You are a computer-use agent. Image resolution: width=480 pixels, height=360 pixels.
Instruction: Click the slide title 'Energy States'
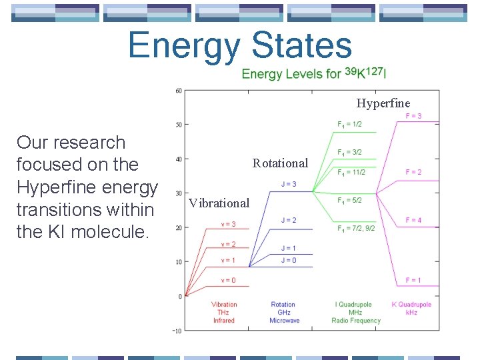point(239,45)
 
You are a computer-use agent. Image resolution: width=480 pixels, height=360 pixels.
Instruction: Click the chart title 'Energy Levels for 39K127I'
point(313,73)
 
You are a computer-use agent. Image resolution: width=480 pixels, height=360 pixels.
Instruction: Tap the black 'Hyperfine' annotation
point(383,103)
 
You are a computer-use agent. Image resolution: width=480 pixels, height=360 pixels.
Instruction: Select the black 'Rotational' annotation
point(280,163)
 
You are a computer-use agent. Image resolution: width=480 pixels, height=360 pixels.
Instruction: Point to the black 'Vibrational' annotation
point(219,203)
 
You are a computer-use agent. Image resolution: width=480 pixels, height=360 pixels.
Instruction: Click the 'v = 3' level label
point(229,224)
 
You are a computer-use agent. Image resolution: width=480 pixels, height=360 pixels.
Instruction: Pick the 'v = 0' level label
point(229,280)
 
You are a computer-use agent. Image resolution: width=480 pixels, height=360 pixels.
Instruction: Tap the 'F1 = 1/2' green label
point(349,124)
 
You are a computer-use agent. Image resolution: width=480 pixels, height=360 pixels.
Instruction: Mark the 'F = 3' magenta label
point(413,116)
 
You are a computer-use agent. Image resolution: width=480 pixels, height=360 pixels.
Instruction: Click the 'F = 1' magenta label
point(413,280)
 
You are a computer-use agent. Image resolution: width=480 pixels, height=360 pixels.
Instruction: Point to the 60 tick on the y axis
point(179,91)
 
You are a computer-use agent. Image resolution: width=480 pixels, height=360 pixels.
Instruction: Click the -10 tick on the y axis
point(177,331)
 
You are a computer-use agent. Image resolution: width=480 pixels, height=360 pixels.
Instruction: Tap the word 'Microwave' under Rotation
point(284,321)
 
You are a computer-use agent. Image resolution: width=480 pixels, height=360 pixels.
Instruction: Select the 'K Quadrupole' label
point(411,305)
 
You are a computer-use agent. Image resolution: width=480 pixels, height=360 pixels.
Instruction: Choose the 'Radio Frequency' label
point(356,321)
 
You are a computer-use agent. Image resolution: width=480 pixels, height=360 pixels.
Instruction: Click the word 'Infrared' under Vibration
point(224,321)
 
